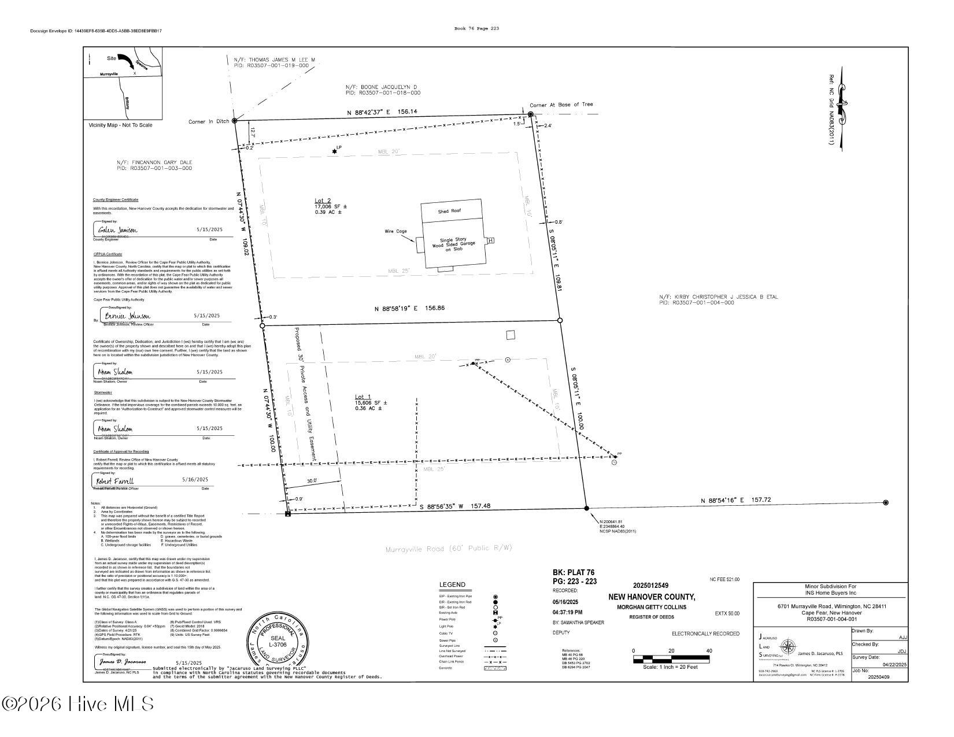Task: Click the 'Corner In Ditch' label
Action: pyautogui.click(x=209, y=122)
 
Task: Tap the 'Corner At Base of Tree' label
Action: pyautogui.click(x=561, y=105)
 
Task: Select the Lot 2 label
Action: pyautogui.click(x=323, y=200)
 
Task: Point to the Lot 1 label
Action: pyautogui.click(x=363, y=397)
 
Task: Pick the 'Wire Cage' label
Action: pyautogui.click(x=396, y=231)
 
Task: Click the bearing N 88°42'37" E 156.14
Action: pyautogui.click(x=382, y=112)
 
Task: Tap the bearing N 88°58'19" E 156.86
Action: pyautogui.click(x=410, y=309)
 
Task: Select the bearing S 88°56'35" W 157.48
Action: pyautogui.click(x=455, y=506)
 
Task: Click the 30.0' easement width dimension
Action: pyautogui.click(x=313, y=481)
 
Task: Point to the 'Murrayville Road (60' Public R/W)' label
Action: pyautogui.click(x=449, y=548)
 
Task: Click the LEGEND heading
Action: pyautogui.click(x=452, y=585)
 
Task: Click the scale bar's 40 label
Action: pyautogui.click(x=709, y=651)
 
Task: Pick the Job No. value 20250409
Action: pyautogui.click(x=879, y=677)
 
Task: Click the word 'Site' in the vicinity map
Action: pyautogui.click(x=112, y=58)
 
